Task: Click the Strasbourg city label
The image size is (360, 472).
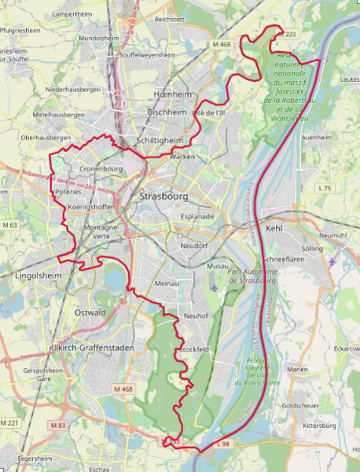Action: click(162, 195)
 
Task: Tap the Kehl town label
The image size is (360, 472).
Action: click(274, 228)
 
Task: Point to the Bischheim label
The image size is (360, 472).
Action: click(167, 112)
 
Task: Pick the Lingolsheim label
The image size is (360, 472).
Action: click(38, 276)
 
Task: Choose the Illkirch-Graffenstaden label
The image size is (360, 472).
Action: click(86, 347)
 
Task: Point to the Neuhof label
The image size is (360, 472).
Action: click(194, 315)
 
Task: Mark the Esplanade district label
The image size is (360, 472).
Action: click(197, 216)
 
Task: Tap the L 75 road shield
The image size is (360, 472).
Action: click(324, 188)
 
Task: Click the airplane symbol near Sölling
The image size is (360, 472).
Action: click(332, 260)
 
